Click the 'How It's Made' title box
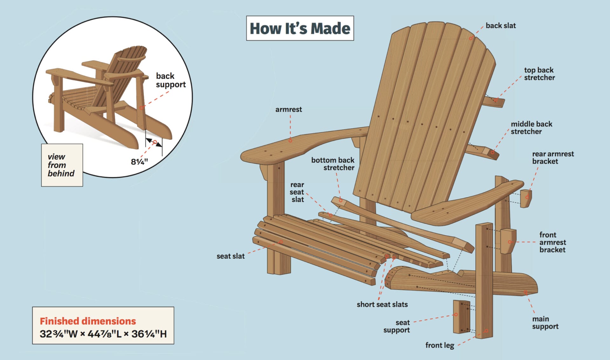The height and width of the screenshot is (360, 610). click(x=300, y=28)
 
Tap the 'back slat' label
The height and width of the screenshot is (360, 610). click(x=500, y=26)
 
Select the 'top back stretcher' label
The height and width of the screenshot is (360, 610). click(x=539, y=74)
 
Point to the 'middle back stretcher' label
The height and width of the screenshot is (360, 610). click(x=531, y=128)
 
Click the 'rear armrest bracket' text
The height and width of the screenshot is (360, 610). click(x=553, y=158)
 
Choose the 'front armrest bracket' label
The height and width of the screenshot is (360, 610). click(x=552, y=242)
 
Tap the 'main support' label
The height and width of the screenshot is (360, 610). click(x=545, y=323)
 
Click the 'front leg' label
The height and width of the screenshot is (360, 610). click(x=440, y=345)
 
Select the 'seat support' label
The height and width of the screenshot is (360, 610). click(x=396, y=326)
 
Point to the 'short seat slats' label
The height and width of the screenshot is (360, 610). click(x=382, y=304)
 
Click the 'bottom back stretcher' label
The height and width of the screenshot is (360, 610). click(x=333, y=164)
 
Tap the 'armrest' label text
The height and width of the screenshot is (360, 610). click(x=288, y=110)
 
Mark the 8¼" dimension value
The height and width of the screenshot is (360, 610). click(x=139, y=162)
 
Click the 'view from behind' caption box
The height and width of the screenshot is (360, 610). click(x=62, y=165)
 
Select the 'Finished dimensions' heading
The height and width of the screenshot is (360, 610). click(x=88, y=321)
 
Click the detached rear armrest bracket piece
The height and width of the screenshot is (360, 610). click(x=525, y=199)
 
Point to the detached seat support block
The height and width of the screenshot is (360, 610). click(x=461, y=316)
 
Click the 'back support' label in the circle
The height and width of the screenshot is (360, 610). click(x=171, y=80)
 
